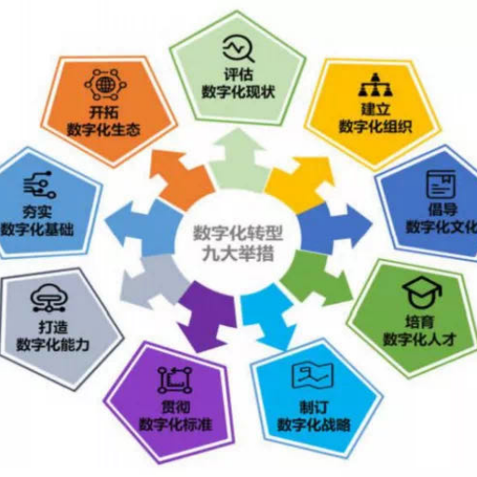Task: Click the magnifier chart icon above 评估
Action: (238, 48)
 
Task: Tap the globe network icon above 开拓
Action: (105, 84)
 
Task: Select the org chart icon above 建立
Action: (375, 85)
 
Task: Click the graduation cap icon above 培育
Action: (422, 293)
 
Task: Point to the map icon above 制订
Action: (313, 375)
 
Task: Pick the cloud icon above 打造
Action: (49, 297)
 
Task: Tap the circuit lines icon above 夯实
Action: (40, 184)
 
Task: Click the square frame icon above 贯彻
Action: (175, 380)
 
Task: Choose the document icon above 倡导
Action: (442, 184)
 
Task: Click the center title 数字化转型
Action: (238, 233)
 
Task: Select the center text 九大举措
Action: (238, 253)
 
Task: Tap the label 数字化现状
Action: (238, 92)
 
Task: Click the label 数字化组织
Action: (375, 127)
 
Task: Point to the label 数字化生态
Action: (103, 129)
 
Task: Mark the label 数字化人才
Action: (419, 339)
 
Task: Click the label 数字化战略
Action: (314, 425)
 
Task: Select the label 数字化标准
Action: (175, 424)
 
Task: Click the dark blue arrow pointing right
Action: (334, 225)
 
